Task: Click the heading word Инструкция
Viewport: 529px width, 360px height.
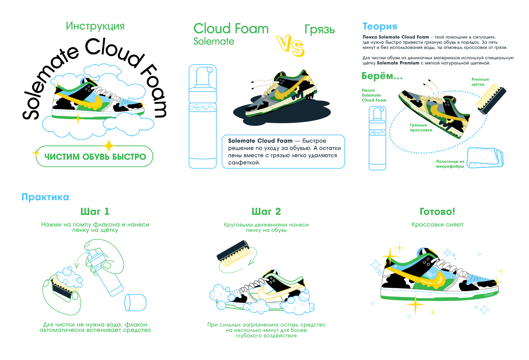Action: [x=95, y=26]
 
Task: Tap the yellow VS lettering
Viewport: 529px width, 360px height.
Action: [x=290, y=45]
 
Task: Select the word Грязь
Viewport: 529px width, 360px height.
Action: [x=319, y=29]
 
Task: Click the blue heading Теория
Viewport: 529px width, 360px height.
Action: [x=380, y=26]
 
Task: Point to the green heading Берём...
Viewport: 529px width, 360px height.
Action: [x=382, y=76]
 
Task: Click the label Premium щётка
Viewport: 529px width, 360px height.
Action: [x=480, y=82]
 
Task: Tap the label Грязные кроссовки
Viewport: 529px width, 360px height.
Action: [x=421, y=128]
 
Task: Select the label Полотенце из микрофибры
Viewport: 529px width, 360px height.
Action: [x=450, y=164]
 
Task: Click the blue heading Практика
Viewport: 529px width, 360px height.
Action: [x=45, y=197]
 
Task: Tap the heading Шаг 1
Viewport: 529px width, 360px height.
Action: [x=95, y=211]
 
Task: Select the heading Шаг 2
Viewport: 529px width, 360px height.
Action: [x=266, y=211]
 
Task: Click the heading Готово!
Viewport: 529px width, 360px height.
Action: [x=437, y=211]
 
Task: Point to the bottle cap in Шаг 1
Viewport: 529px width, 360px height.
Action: [x=135, y=302]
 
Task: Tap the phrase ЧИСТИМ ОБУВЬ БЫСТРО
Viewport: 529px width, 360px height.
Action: [x=95, y=157]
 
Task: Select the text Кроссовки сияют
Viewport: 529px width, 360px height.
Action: [x=437, y=225]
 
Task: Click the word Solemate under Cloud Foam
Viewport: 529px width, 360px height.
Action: [x=214, y=41]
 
